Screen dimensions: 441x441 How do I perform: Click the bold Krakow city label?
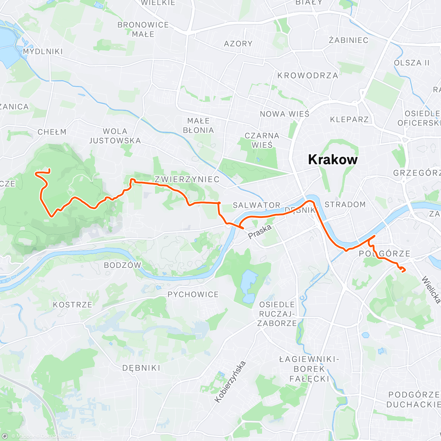pos(333,159)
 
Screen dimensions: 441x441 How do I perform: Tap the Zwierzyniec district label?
pos(187,179)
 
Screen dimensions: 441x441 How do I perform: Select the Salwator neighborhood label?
pos(257,205)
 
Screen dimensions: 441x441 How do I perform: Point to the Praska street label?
pos(259,232)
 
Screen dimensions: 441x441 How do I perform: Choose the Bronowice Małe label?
pos(143,29)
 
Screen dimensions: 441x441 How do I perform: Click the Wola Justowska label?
pos(115,136)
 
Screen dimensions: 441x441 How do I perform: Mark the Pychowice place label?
pos(193,294)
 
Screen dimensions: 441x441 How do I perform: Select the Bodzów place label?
pos(122,265)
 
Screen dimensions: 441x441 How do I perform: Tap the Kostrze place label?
pos(72,305)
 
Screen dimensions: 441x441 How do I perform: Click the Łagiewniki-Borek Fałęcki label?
pos(309,369)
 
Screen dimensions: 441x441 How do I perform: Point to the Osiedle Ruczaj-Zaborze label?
pos(277,314)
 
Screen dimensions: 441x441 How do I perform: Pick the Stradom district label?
pos(345,204)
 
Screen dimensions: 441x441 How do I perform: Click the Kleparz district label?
pos(349,119)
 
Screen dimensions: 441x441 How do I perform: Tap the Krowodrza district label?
pos(308,75)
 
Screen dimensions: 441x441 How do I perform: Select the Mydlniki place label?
pos(43,51)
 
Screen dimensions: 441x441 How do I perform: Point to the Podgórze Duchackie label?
pos(413,399)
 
